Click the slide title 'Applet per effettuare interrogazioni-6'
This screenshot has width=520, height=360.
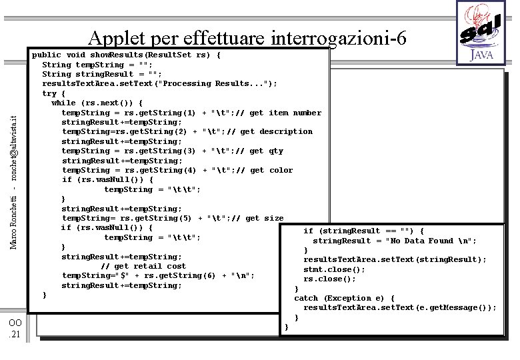[x=247, y=37]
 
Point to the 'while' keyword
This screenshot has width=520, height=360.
[x=63, y=103]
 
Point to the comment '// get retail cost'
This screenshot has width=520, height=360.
[x=143, y=266]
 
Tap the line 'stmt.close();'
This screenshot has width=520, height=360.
[x=335, y=269]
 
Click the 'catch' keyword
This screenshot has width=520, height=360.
[x=306, y=298]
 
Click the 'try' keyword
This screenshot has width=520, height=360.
[x=49, y=93]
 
